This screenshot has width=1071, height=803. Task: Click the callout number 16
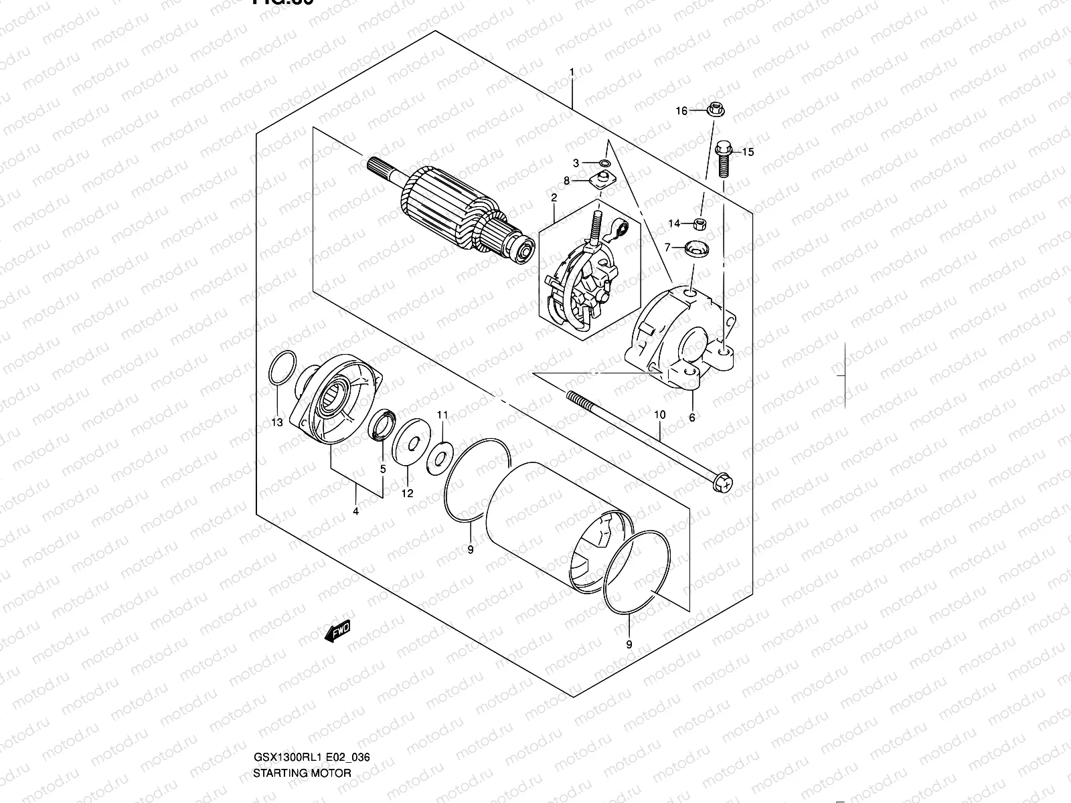tap(681, 111)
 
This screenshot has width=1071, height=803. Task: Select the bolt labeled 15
tap(723, 158)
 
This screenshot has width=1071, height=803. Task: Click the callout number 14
tap(674, 224)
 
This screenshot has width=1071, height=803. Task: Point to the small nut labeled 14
tap(699, 223)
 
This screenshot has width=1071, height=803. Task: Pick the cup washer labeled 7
tap(697, 250)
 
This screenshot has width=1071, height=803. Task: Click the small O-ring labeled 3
tap(604, 163)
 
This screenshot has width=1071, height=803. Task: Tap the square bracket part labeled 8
tap(603, 179)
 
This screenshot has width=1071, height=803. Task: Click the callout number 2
tap(554, 197)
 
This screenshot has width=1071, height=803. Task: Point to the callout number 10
tap(660, 415)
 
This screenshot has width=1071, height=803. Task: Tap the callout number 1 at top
tap(572, 72)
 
